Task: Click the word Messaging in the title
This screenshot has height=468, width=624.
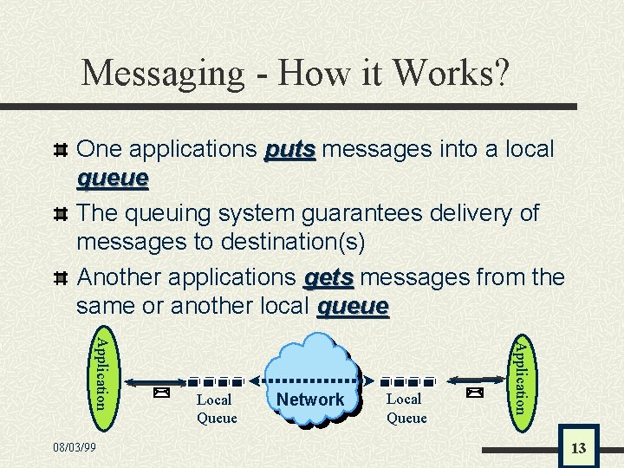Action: pyautogui.click(x=163, y=73)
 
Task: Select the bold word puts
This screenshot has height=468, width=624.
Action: pyautogui.click(x=290, y=149)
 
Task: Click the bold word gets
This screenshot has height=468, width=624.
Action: pyautogui.click(x=328, y=277)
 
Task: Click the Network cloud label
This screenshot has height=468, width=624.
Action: pyautogui.click(x=310, y=400)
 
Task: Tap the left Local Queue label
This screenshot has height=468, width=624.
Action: pyautogui.click(x=216, y=408)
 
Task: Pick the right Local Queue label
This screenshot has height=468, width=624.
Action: pyautogui.click(x=406, y=408)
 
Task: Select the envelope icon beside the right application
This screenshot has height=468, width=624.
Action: pyautogui.click(x=473, y=393)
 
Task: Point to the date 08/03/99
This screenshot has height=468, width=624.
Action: pyautogui.click(x=75, y=447)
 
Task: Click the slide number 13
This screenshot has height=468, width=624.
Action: pyautogui.click(x=578, y=448)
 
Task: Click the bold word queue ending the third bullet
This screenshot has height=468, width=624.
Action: pyautogui.click(x=354, y=307)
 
